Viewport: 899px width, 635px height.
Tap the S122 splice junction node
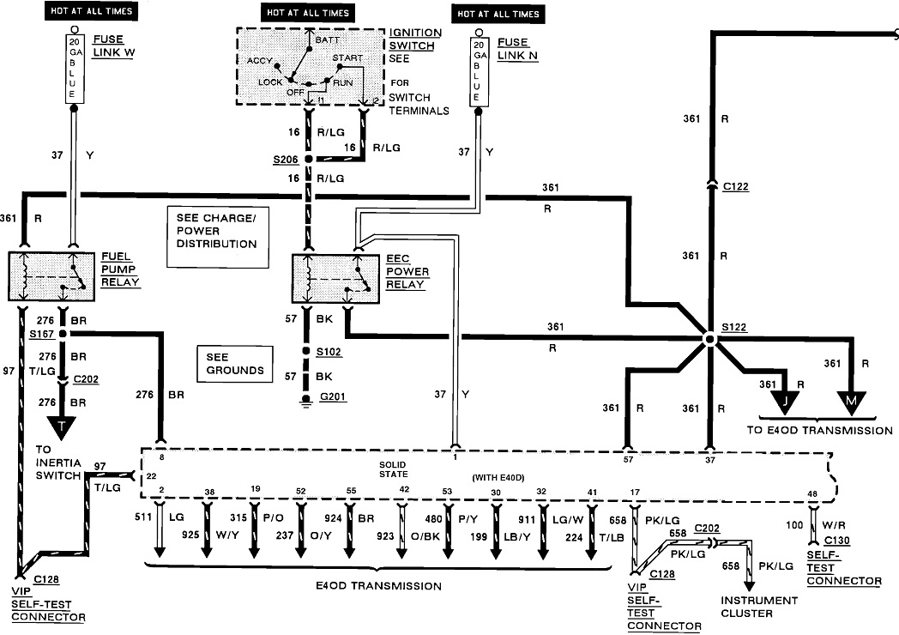(709, 339)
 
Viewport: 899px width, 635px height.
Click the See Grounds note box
(230, 363)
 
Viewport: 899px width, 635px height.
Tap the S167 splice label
(41, 332)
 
